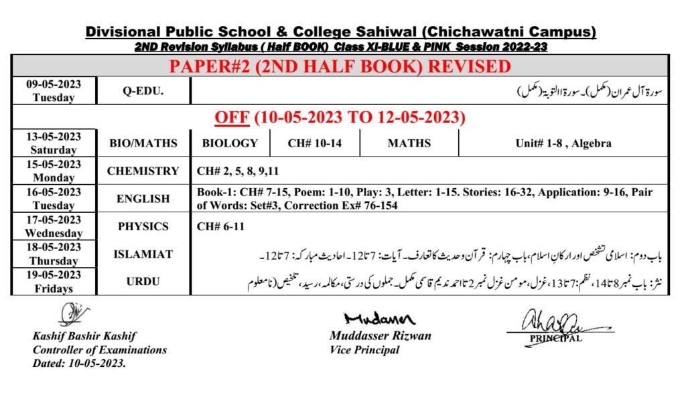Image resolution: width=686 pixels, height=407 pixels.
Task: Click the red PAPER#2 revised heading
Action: tap(340, 67)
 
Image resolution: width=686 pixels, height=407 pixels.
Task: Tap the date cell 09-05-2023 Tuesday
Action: tap(54, 91)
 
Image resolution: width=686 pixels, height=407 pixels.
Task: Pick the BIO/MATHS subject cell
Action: tap(143, 143)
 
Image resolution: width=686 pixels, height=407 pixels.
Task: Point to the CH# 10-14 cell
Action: tap(314, 143)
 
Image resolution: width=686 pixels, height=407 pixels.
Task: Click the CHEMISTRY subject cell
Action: tap(143, 171)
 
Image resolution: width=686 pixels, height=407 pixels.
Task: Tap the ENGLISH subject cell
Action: tap(143, 199)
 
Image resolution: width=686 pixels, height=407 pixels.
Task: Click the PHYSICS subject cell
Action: tap(143, 226)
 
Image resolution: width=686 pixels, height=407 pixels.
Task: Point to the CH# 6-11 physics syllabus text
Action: tap(220, 227)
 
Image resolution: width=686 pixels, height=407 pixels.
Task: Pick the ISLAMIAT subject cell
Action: tap(143, 254)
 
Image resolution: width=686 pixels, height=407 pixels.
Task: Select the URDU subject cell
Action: tap(143, 282)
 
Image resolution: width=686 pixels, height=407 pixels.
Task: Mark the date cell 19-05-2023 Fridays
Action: tap(54, 282)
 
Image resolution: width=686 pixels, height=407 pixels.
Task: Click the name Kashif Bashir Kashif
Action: tap(84, 336)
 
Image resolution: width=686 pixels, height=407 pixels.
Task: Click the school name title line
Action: tap(341, 32)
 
